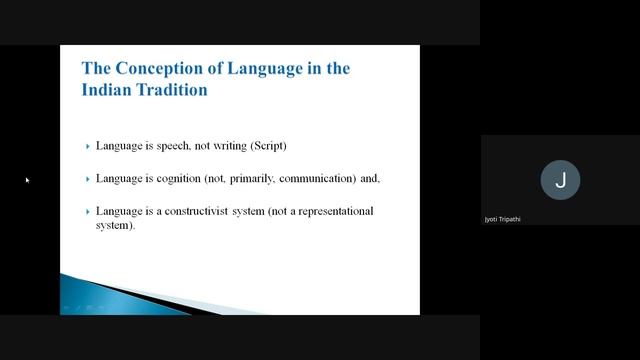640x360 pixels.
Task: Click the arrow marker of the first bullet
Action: [x=88, y=146]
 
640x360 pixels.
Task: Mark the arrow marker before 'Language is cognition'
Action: [x=88, y=179]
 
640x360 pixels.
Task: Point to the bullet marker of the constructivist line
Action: [x=88, y=212]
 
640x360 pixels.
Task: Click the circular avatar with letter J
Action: [x=560, y=180]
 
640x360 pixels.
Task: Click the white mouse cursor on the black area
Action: [x=27, y=180]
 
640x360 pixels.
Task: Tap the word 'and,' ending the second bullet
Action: [x=370, y=179]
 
